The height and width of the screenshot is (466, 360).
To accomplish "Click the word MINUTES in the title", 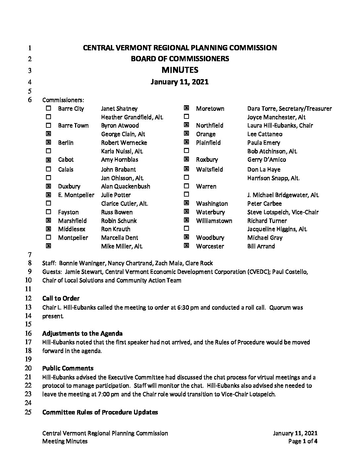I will click(x=180, y=70).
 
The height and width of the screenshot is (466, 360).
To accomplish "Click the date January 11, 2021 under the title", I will click(x=180, y=82).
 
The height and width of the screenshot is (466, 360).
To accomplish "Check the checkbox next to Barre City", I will click(x=49, y=108).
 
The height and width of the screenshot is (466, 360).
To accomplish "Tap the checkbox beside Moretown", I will click(x=186, y=108).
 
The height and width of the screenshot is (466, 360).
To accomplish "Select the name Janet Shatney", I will click(x=119, y=109).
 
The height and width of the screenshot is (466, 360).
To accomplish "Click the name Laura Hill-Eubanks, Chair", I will click(x=280, y=125).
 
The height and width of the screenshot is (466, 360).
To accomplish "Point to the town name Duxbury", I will click(x=69, y=186).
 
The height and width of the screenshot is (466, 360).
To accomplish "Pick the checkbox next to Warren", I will click(x=186, y=186).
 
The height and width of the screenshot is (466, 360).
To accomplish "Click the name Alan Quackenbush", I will click(x=125, y=186).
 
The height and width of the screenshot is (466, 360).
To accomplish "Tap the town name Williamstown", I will click(x=214, y=221).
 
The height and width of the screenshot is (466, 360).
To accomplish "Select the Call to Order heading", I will click(x=61, y=299).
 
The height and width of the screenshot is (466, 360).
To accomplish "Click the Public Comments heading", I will click(x=68, y=368).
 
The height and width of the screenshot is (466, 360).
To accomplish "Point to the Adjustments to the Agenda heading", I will click(x=82, y=333).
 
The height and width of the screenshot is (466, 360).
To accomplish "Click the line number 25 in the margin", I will click(x=28, y=412).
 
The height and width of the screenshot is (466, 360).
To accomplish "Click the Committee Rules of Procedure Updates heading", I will click(x=100, y=412).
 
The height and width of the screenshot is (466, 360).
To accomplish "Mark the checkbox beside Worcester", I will click(x=186, y=246).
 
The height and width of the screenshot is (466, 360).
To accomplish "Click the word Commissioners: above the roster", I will click(x=63, y=100).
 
